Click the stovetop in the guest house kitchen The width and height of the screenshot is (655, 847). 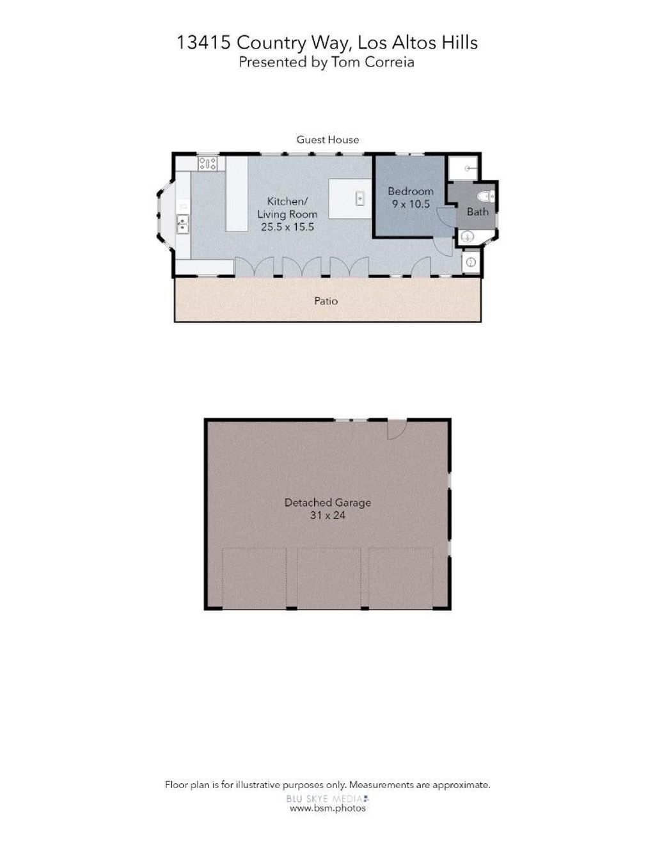(207, 163)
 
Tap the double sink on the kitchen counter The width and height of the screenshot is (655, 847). (182, 224)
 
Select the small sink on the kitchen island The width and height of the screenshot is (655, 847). (359, 198)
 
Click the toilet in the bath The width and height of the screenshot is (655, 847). (487, 197)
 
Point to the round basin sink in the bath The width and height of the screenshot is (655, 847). (466, 237)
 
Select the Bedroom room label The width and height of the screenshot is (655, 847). (411, 191)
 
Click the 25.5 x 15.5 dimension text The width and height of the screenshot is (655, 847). (287, 227)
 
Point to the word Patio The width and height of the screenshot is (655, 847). (326, 301)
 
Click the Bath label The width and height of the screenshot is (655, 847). (477, 212)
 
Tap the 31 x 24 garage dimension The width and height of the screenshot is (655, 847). (327, 515)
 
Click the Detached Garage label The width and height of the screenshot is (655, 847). (327, 502)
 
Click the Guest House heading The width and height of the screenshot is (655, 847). (327, 139)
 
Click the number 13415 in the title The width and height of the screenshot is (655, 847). (204, 42)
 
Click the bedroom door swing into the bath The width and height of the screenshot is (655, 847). (445, 217)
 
